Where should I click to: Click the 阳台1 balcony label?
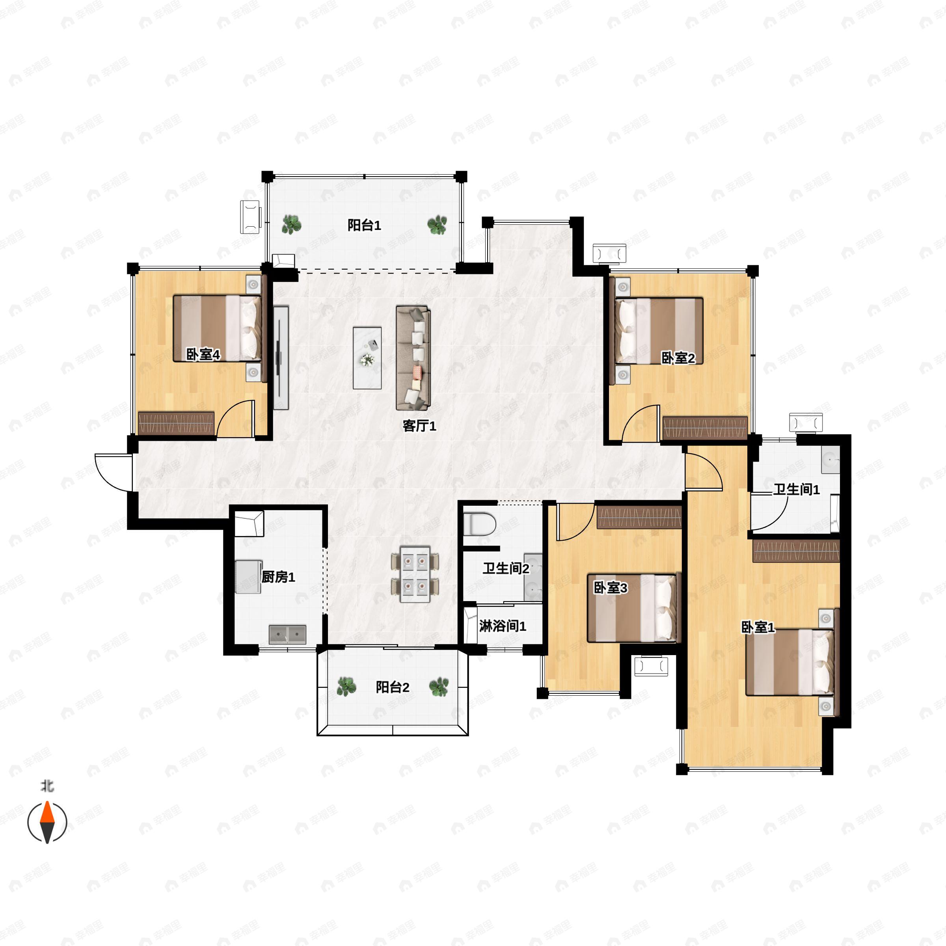pyautogui.click(x=364, y=225)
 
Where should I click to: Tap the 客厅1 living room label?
pyautogui.click(x=419, y=426)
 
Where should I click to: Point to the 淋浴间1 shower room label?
pyautogui.click(x=503, y=626)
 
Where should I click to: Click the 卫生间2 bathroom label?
pyautogui.click(x=506, y=568)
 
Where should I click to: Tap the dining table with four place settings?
pyautogui.click(x=415, y=574)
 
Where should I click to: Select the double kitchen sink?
pyautogui.click(x=287, y=635)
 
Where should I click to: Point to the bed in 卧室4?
pyautogui.click(x=217, y=328)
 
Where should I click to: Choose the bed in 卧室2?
pyautogui.click(x=659, y=331)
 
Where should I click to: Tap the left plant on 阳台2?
pyautogui.click(x=346, y=687)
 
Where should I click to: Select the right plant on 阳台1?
pyautogui.click(x=437, y=225)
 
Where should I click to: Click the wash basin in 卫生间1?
pyautogui.click(x=831, y=460)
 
